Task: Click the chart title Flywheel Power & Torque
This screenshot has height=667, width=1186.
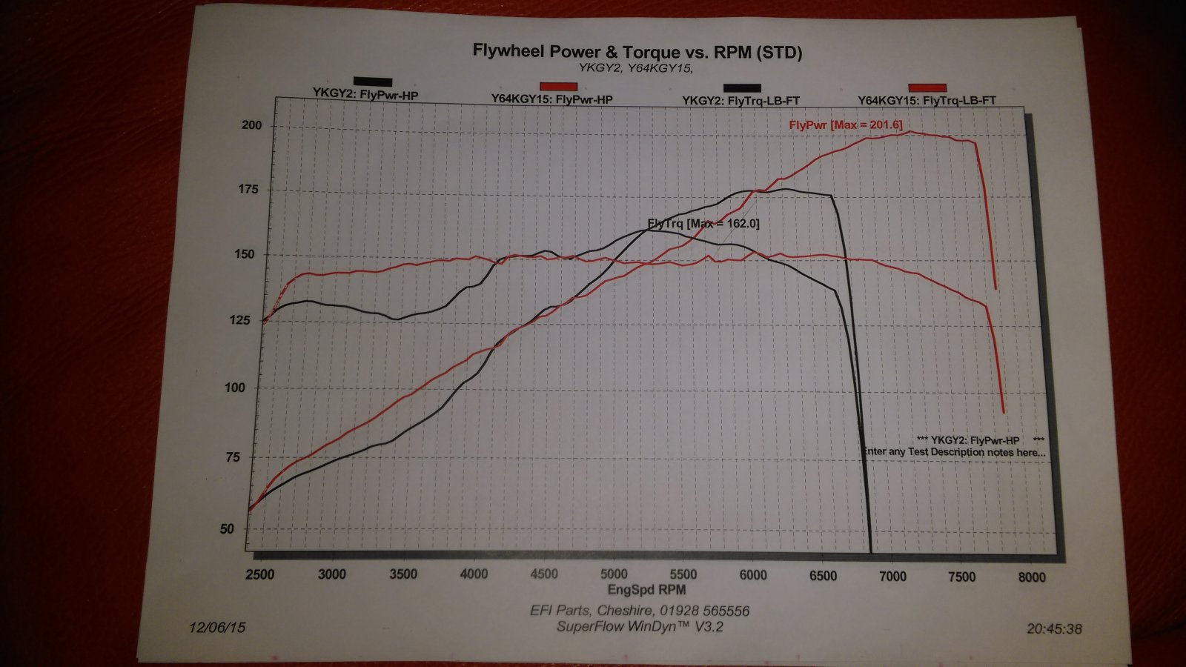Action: [x=637, y=52]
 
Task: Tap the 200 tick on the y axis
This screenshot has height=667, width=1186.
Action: [x=251, y=125]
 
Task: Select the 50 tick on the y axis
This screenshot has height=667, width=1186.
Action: [x=226, y=529]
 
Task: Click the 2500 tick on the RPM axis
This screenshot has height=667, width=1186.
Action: [x=259, y=574]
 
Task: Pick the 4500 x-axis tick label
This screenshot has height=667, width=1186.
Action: [x=543, y=574]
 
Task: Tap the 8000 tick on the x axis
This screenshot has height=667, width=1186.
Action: [x=1031, y=577]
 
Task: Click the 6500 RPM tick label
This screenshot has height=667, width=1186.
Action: [x=822, y=576]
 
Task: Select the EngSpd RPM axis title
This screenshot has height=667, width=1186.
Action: [x=646, y=590]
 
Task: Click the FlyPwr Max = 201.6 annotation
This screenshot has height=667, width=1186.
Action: [x=846, y=125]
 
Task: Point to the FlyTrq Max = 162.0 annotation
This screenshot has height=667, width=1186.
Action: [x=703, y=223]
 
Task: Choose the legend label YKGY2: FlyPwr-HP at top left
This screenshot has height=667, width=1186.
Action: [x=365, y=94]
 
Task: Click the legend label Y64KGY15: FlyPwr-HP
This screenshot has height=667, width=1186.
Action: [x=551, y=99]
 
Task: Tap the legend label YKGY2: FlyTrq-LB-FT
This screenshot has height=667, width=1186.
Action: [x=741, y=101]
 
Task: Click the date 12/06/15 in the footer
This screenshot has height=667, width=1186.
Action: [x=216, y=627]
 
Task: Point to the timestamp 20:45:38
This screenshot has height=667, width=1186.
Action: [x=1054, y=628]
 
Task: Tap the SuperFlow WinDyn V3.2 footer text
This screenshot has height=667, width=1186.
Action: [x=640, y=627]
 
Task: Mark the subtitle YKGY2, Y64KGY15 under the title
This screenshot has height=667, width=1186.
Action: [x=635, y=69]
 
